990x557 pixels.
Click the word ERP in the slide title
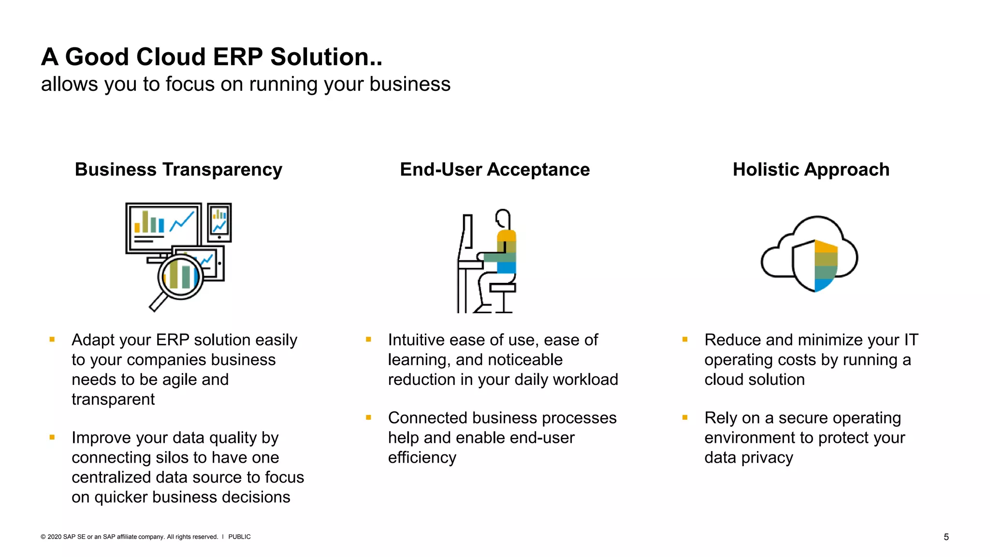[x=237, y=57]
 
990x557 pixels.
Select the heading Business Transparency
[x=178, y=170]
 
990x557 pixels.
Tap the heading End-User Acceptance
[x=495, y=170]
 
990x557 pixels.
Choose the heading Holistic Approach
[x=811, y=170]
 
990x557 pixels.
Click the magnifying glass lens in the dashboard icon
[x=180, y=277]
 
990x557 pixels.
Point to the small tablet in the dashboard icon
[x=219, y=222]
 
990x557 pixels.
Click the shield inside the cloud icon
[x=815, y=265]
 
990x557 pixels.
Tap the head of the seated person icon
[x=503, y=218]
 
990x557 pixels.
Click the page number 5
[x=946, y=537]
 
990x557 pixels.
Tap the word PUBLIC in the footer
[x=239, y=537]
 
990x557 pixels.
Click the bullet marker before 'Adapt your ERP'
[x=52, y=340]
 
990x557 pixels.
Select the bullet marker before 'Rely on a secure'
[x=685, y=418]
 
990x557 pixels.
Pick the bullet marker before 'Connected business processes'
[x=368, y=418]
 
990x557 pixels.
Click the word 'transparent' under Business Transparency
[x=113, y=400]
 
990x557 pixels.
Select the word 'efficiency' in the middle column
[x=422, y=458]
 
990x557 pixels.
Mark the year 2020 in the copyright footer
[x=54, y=537]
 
